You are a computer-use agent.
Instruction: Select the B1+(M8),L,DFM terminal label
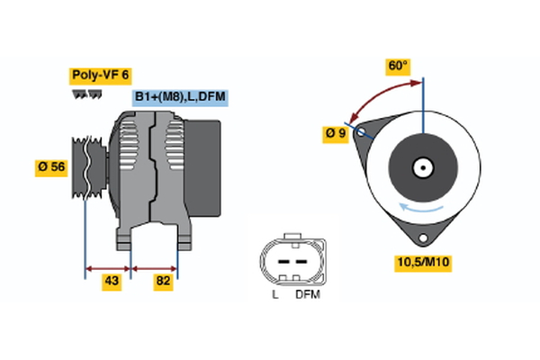coord(178,96)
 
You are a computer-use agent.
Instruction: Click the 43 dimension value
coord(112,282)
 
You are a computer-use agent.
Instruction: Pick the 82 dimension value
coord(163,282)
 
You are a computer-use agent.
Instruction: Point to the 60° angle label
coord(398,66)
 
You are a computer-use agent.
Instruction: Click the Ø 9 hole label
coord(336,134)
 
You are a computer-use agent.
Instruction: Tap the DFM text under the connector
coord(307,294)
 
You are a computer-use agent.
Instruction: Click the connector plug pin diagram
coord(289,261)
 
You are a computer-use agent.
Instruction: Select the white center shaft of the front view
coord(421,167)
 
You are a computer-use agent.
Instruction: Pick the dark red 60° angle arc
coord(378,94)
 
